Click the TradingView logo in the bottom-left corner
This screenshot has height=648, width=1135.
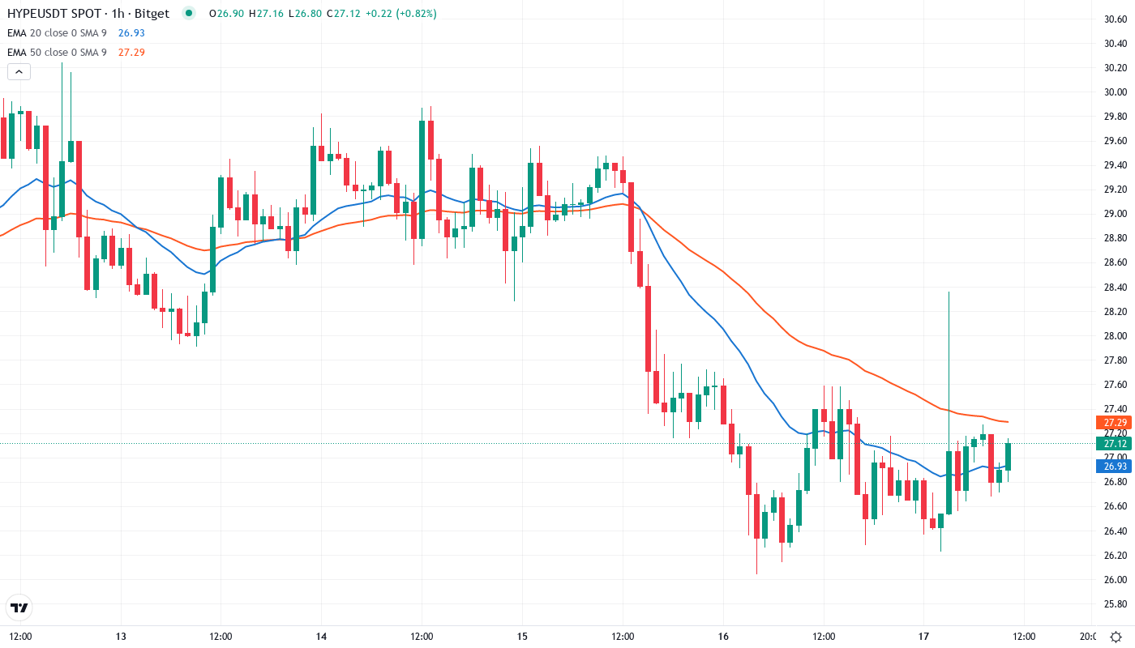(x=19, y=607)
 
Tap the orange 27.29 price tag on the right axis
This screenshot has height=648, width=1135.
(x=1111, y=423)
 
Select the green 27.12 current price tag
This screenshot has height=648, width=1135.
(x=1111, y=443)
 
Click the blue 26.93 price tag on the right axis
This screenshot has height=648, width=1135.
(x=1111, y=466)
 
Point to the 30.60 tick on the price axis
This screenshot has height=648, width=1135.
(x=1116, y=19)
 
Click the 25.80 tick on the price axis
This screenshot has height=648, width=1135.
(x=1116, y=604)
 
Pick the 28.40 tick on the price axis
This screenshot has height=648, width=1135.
(x=1116, y=288)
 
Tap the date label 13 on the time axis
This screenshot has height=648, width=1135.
(x=121, y=636)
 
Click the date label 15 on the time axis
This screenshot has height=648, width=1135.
(x=522, y=636)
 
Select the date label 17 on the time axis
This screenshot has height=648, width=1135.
(x=924, y=636)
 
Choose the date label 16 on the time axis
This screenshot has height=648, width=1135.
(x=723, y=636)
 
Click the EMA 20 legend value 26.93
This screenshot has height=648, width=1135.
(x=131, y=33)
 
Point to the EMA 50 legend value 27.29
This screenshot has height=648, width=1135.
(x=131, y=53)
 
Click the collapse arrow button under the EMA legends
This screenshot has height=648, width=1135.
(x=19, y=71)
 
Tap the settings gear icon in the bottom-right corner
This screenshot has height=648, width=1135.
(x=1116, y=636)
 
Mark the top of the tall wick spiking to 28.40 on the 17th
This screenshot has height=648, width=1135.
(x=949, y=292)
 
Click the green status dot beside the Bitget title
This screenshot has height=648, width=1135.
(x=189, y=14)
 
